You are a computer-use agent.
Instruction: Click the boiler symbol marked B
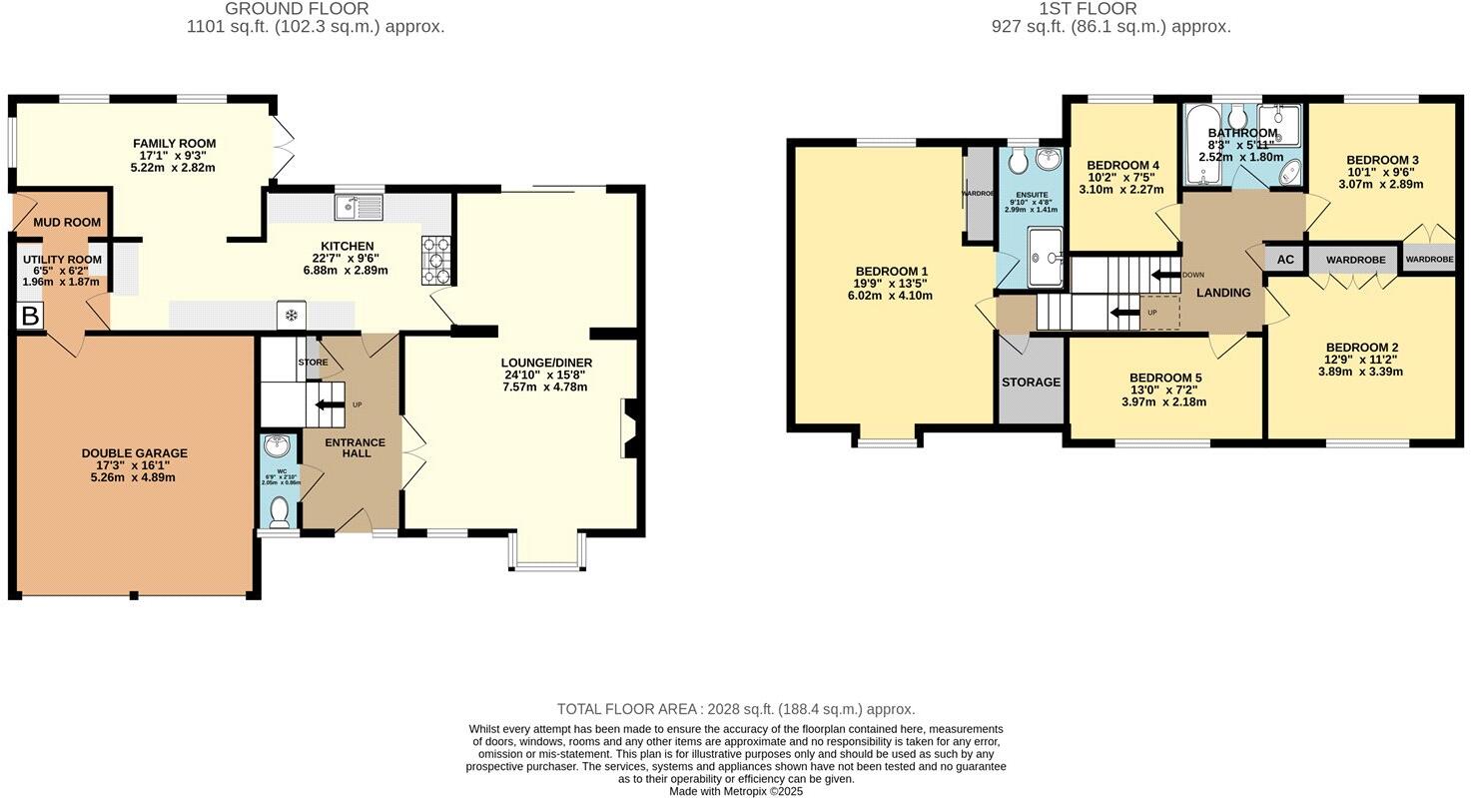coord(30,317)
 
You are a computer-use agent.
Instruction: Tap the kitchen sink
coord(359,208)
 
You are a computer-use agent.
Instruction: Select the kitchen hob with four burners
coord(437,261)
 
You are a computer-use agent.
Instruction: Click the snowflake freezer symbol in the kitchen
coord(292,316)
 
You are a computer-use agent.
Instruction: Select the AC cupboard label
coord(1285,260)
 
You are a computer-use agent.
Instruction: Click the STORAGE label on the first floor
coord(1031,382)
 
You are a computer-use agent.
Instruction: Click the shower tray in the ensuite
coord(1045,257)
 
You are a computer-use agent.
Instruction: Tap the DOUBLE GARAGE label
coord(135,453)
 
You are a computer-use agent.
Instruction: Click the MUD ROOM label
coord(68,222)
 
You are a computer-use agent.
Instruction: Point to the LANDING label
coord(1223,293)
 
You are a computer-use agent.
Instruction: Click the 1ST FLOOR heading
coord(1110,9)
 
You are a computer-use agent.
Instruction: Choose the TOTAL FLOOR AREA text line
coord(735,709)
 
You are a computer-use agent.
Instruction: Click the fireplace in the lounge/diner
coord(629,427)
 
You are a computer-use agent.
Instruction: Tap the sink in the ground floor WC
coord(277,446)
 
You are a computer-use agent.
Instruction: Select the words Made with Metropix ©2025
coord(735,791)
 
